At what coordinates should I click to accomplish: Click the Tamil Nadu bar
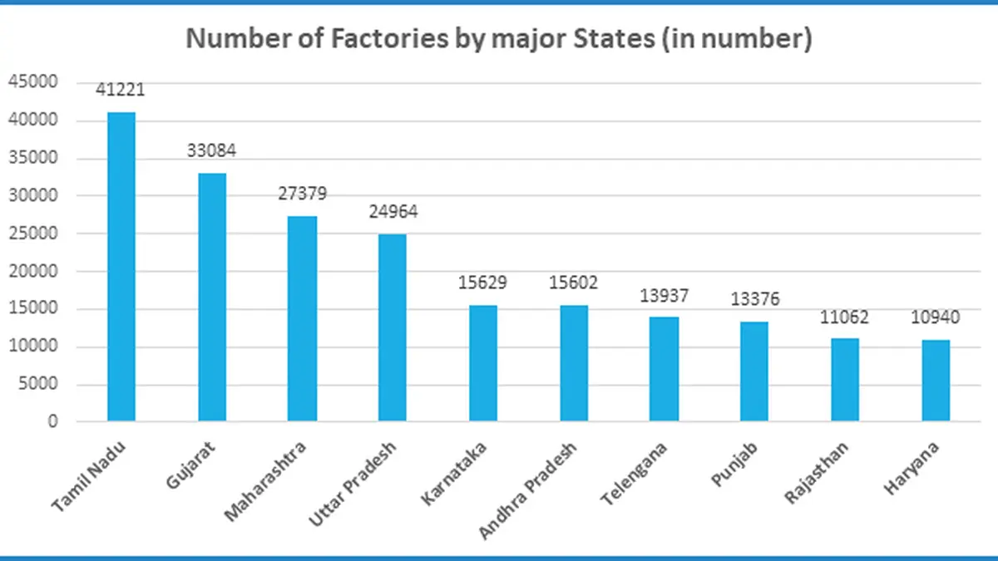click(121, 266)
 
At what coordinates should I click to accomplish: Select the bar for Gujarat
click(212, 297)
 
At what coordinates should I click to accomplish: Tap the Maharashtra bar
click(302, 318)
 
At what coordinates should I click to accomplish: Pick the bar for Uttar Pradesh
click(392, 327)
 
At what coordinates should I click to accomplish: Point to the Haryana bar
click(936, 381)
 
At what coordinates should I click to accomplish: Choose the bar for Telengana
click(664, 369)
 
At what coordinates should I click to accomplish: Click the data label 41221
click(121, 90)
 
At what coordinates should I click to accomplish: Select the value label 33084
click(211, 150)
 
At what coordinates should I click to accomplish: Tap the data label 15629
click(482, 283)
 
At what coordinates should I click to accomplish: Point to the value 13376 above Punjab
click(755, 299)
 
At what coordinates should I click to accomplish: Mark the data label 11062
click(844, 317)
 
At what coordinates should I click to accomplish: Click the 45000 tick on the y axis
click(33, 82)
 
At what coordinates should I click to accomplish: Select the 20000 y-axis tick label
click(33, 271)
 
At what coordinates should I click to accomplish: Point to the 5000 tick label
click(38, 383)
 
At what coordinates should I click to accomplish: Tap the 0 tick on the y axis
click(53, 421)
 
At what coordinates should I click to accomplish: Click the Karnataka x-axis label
click(453, 474)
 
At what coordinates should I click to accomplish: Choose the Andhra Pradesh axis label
click(527, 491)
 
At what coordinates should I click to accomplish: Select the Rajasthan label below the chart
click(816, 473)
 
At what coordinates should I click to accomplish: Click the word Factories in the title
click(389, 38)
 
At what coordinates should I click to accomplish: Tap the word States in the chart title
click(614, 38)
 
